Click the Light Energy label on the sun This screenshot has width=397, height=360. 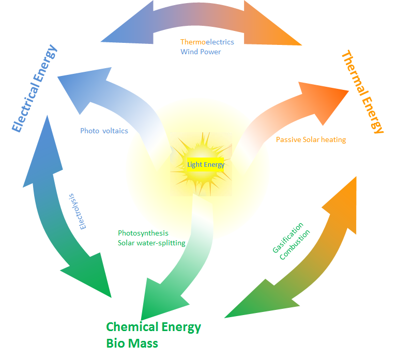pos(206,165)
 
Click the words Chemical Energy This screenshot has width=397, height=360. pos(154,327)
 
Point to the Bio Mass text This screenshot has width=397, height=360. pos(132,343)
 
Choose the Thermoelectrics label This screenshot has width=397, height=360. pos(207,42)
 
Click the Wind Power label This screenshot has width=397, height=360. pos(201,52)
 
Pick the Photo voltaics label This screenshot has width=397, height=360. pos(104,131)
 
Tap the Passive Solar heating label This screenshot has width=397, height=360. pos(311,139)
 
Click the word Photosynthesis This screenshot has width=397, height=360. pos(143,233)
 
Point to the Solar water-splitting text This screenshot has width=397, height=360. pos(151,243)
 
